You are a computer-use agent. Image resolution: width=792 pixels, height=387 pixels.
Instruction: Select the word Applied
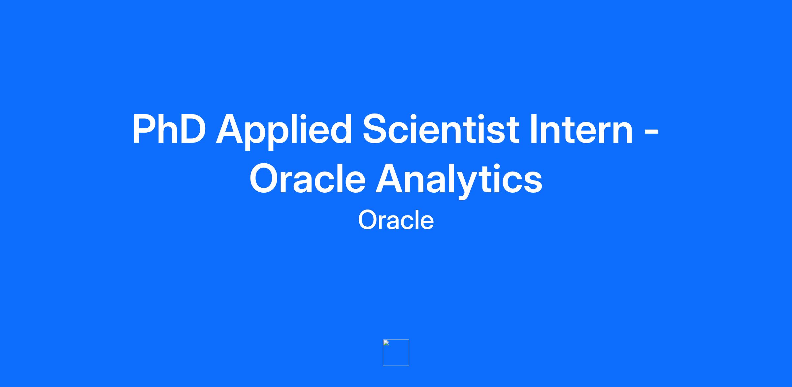(x=284, y=132)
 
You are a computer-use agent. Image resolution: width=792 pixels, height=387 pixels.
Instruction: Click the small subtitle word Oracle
(x=396, y=220)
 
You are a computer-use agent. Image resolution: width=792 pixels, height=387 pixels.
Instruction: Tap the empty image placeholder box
(x=396, y=353)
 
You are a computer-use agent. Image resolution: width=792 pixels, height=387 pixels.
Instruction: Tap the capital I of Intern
(x=533, y=129)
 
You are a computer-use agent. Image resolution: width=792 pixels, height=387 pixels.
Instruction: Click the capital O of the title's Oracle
(x=265, y=178)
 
